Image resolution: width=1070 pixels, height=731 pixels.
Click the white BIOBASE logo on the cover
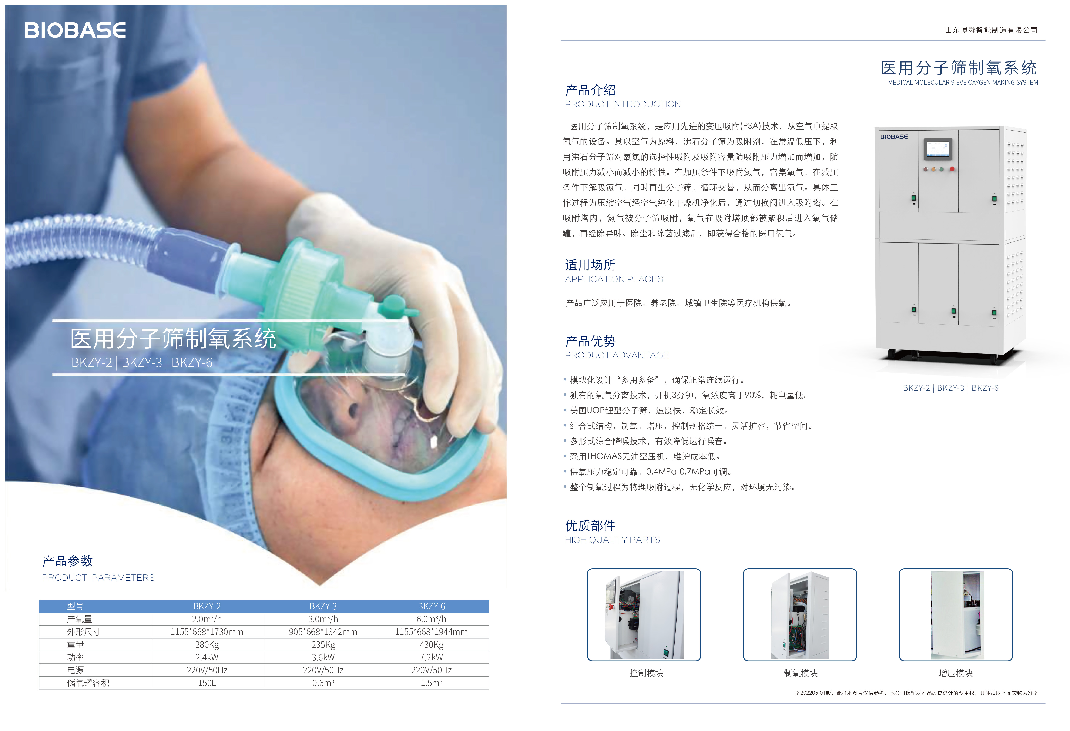[x=75, y=30]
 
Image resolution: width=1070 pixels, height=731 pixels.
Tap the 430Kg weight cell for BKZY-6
[x=431, y=644]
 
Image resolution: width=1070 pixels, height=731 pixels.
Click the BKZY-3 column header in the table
[x=323, y=606]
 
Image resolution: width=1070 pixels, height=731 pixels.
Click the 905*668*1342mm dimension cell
[x=323, y=631]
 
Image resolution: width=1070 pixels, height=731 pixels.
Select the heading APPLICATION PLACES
[x=614, y=279]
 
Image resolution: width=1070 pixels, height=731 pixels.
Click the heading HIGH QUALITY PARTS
[x=612, y=540]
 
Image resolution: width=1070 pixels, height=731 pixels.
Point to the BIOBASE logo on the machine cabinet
[x=894, y=137]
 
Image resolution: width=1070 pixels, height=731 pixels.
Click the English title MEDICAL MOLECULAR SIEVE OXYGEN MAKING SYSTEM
[x=963, y=82]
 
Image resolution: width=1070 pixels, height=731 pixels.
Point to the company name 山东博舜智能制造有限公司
[x=991, y=30]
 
